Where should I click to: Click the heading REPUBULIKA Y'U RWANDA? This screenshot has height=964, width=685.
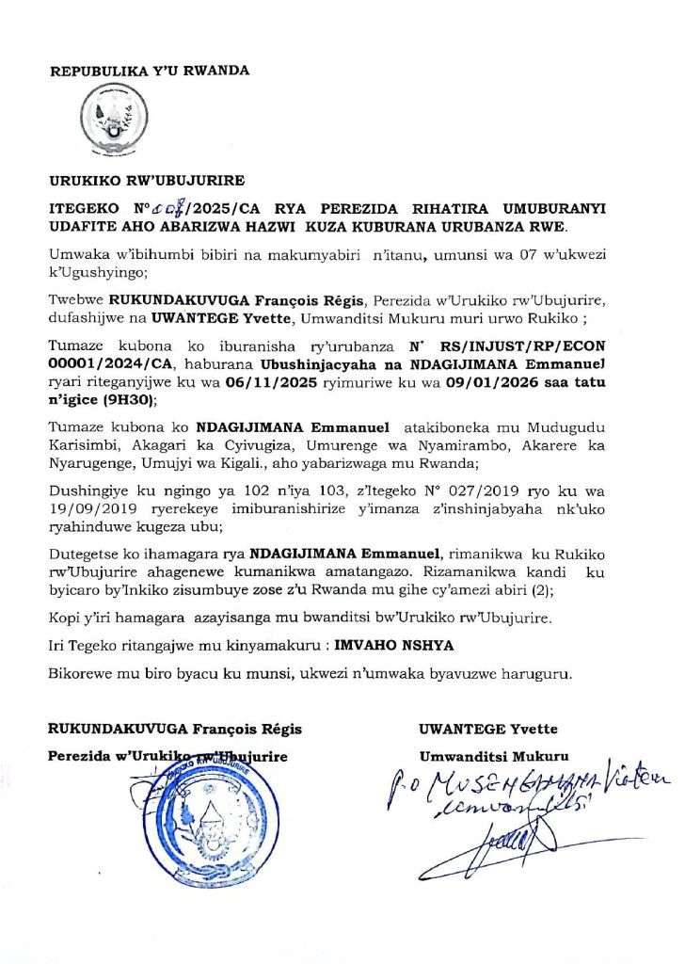pos(150,71)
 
